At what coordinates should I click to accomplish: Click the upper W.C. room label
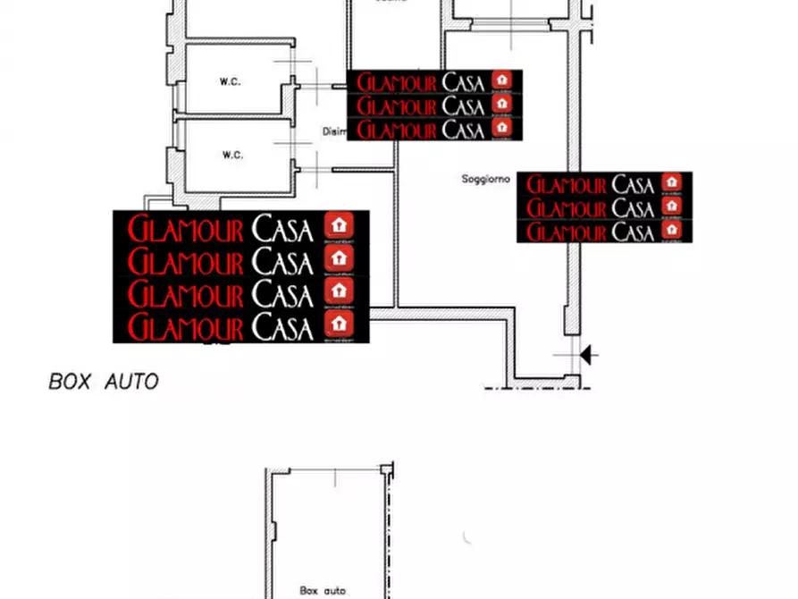coord(231,81)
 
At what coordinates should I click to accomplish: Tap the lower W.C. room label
coord(232,155)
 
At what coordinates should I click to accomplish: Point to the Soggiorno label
coord(485,180)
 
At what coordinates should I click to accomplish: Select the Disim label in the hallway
coord(334,131)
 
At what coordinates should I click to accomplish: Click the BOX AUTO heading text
coord(103,382)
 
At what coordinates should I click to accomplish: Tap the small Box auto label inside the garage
coord(323,590)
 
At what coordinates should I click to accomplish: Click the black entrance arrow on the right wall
coord(588,355)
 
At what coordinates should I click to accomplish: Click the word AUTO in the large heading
coord(131,382)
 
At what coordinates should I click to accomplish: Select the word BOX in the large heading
coord(71,382)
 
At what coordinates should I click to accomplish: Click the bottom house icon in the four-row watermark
coord(339,323)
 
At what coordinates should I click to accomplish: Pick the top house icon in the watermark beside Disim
coord(502,80)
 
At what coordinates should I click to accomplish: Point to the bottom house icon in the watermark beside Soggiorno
coord(673,230)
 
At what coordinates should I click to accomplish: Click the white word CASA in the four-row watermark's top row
coord(282,230)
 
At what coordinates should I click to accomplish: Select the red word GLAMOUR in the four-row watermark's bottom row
coord(185,326)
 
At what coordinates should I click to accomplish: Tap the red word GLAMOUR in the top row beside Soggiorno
coord(567,185)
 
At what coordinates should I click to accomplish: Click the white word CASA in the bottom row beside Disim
coord(463,130)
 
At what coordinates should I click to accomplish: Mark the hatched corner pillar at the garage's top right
coord(386,469)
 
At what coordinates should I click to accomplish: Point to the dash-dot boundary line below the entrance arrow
coord(536,388)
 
